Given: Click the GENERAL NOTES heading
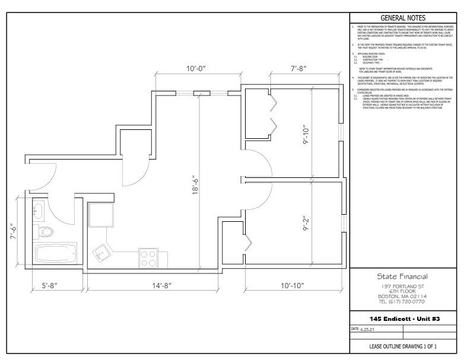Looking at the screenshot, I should point(402,18).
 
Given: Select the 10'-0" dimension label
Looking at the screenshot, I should point(196,69).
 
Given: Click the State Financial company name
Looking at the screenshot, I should point(402,276).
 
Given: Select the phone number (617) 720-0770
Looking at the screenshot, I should point(402,301).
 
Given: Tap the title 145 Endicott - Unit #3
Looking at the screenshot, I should point(402,319).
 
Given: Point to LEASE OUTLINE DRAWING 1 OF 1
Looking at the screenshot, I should point(402,346).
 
